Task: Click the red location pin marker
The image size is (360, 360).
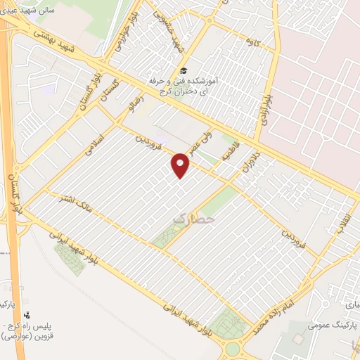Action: [x=181, y=166]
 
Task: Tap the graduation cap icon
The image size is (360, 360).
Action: [x=184, y=71]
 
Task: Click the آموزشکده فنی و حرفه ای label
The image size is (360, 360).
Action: [x=184, y=86]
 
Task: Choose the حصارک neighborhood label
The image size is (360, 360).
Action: [x=191, y=219]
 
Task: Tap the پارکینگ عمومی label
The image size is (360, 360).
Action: [x=333, y=326]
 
